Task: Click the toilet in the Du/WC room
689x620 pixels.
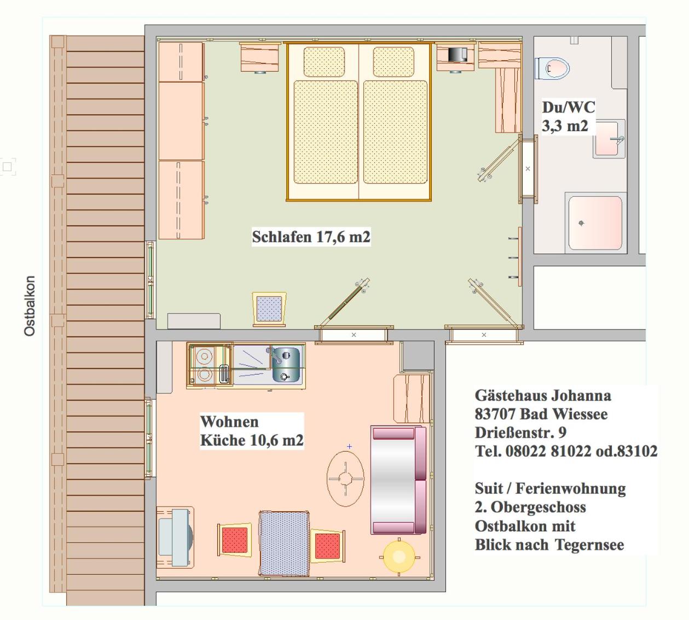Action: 552,68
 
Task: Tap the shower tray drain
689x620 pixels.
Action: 581,223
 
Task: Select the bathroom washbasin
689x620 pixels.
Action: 609,139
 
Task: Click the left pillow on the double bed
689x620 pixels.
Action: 324,62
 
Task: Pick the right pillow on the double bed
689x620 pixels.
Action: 393,62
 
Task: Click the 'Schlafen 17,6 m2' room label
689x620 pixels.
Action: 311,237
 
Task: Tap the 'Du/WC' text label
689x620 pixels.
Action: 569,107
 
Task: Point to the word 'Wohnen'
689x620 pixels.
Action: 229,422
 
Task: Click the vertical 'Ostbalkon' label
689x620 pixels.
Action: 30,306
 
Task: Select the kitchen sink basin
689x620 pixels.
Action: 286,365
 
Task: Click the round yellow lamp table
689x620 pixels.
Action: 399,557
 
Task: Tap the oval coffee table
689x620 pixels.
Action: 345,478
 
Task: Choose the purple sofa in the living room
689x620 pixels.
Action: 398,480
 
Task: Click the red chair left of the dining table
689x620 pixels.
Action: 235,540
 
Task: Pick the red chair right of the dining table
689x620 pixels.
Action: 327,546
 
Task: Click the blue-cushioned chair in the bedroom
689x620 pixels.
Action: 269,309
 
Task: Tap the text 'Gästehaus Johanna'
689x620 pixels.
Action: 543,395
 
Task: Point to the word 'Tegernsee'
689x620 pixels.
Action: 589,545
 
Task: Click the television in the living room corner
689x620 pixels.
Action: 176,537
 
